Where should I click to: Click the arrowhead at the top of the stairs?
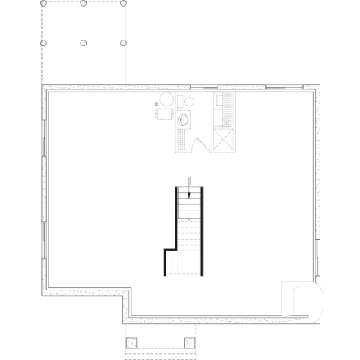(189, 194)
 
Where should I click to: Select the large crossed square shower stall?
(224, 139)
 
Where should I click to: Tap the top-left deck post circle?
(43, 4)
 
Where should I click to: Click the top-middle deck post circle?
(84, 4)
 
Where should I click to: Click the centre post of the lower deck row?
(84, 43)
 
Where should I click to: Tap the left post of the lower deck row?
(43, 43)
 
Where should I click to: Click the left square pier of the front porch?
(131, 342)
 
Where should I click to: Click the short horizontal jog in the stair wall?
(169, 250)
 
